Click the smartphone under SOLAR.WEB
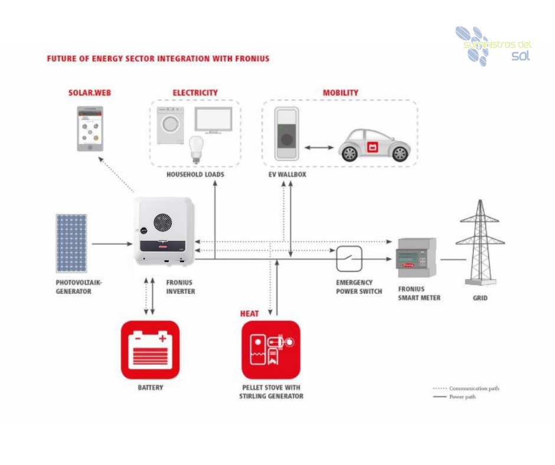click(90, 129)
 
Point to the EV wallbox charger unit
click(287, 134)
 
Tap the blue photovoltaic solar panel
click(71, 243)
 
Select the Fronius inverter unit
click(163, 231)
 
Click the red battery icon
click(150, 349)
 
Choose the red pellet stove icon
click(271, 349)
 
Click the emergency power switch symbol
click(349, 258)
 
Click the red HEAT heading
click(249, 313)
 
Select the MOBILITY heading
click(340, 93)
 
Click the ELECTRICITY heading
click(195, 93)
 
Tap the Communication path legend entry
click(466, 388)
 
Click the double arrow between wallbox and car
click(317, 146)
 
